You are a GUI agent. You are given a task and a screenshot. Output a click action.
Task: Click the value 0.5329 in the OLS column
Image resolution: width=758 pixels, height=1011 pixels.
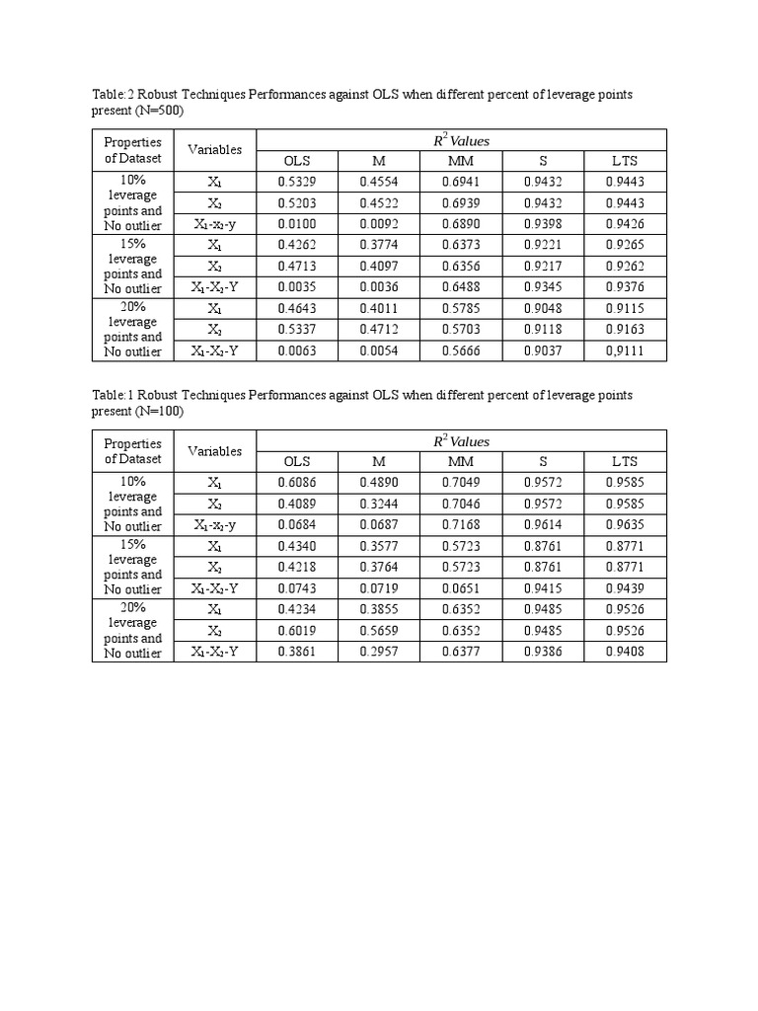click(297, 182)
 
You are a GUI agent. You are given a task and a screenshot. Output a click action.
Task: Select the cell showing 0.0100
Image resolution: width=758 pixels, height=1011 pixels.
click(297, 224)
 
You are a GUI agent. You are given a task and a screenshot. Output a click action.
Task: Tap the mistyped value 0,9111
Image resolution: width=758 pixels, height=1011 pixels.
click(625, 350)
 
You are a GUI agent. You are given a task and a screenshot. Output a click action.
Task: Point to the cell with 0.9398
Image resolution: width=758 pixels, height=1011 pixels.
click(543, 224)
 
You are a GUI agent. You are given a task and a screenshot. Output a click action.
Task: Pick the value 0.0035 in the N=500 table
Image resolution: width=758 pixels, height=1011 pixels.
click(297, 287)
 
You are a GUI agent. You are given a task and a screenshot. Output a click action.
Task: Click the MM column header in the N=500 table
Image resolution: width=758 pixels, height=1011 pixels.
click(461, 161)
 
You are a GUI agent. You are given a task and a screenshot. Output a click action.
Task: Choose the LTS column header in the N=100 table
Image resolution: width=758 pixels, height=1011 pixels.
click(625, 461)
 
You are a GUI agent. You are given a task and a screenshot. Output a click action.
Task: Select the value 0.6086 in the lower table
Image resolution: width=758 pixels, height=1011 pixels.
click(297, 482)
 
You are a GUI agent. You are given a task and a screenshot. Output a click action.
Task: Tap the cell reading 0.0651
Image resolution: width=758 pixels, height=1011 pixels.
click(461, 587)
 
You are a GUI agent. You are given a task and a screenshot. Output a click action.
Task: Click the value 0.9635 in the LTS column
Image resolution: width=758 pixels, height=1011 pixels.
click(625, 524)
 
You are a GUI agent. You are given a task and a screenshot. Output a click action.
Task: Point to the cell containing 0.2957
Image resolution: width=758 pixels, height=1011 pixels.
click(379, 651)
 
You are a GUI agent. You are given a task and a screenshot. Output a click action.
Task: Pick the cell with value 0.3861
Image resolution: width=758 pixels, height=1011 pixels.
click(297, 651)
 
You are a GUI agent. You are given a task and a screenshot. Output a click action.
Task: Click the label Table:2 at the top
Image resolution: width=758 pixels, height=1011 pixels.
click(114, 94)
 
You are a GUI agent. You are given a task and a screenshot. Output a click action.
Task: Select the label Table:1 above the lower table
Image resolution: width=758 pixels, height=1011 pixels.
click(114, 395)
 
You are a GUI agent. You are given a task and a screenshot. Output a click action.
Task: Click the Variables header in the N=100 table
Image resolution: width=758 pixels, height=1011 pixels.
click(214, 450)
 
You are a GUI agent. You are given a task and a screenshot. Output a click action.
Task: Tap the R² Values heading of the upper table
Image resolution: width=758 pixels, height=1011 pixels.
click(461, 140)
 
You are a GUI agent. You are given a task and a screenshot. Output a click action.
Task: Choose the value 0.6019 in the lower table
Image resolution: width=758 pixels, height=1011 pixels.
click(297, 630)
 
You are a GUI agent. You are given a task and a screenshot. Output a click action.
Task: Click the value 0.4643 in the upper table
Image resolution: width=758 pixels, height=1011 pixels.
click(297, 308)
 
